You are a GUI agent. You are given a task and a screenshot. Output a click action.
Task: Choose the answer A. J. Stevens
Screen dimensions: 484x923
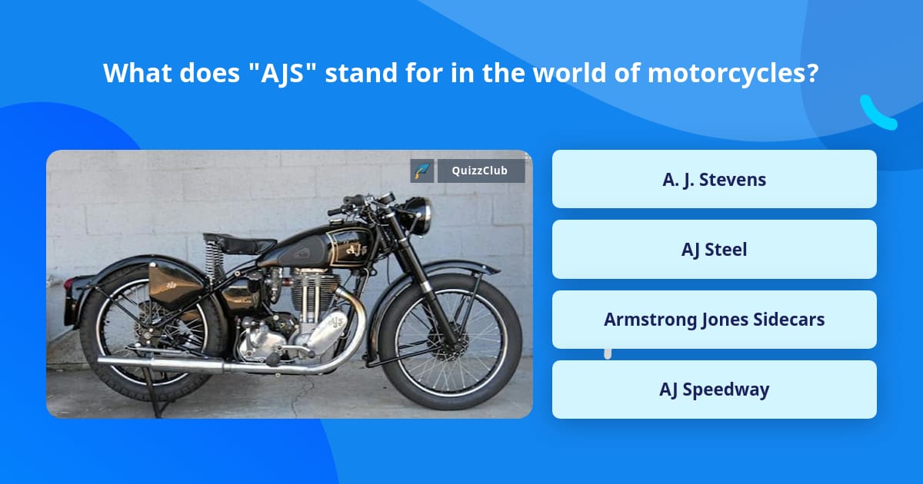tap(714, 179)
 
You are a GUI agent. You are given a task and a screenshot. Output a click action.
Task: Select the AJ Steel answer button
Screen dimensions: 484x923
tap(714, 249)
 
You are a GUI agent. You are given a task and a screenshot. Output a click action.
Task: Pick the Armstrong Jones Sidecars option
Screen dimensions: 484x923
tap(714, 320)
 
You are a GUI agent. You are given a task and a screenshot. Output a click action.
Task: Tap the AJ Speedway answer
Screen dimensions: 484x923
tap(714, 390)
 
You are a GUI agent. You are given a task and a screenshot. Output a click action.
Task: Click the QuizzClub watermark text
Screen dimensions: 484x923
tap(481, 171)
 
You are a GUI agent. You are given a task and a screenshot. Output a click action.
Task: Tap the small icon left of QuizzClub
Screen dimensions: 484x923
tap(422, 171)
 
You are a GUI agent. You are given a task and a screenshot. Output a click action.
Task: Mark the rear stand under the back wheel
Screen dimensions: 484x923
tap(158, 399)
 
